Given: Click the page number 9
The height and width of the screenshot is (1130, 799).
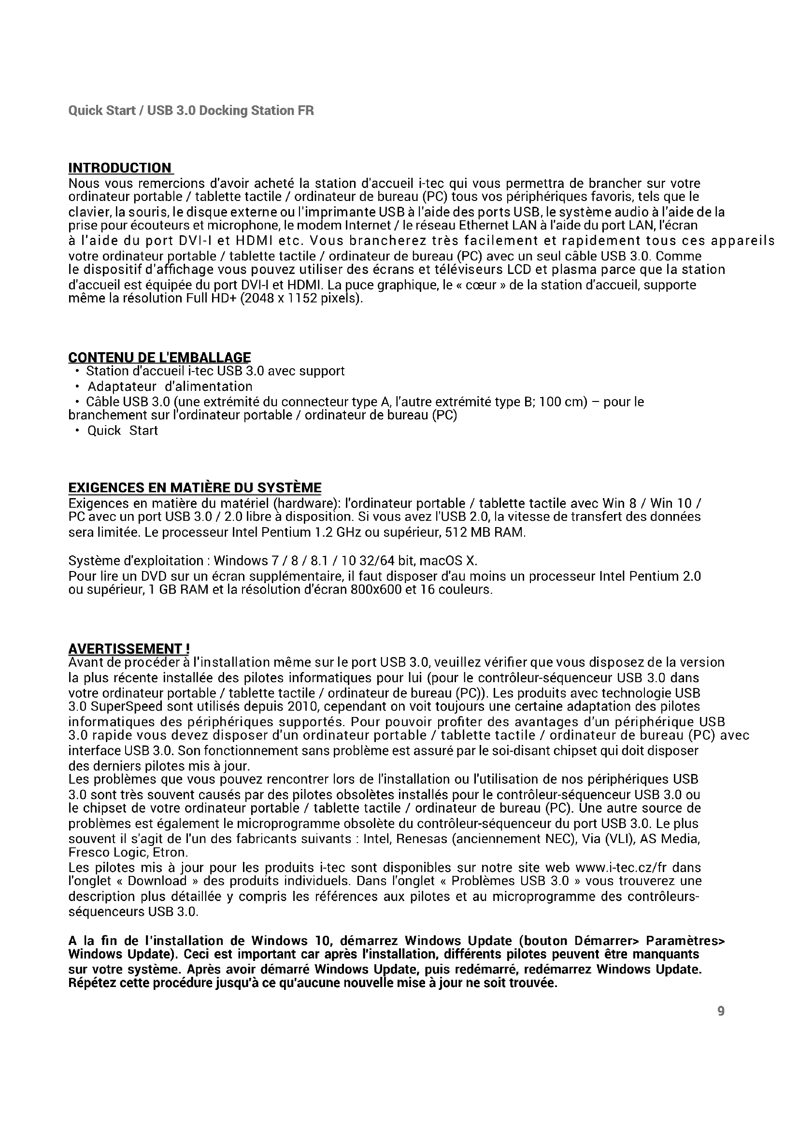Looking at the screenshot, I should coord(721,1011).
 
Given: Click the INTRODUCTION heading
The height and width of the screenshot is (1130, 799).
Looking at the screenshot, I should coord(120,168).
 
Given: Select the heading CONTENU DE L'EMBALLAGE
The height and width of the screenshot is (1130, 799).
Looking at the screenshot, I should coord(159,358).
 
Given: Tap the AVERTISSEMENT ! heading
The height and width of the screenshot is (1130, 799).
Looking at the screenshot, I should coord(129,649).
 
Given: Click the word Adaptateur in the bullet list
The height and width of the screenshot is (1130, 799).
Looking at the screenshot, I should coord(122,386).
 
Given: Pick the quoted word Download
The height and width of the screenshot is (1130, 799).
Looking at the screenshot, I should coord(157,881).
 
